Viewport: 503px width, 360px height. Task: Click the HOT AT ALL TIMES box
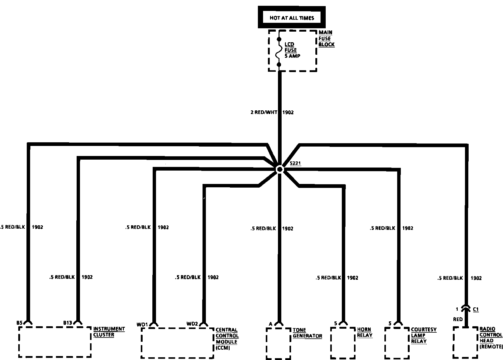pyautogui.click(x=292, y=18)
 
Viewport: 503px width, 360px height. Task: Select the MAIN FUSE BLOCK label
pyautogui.click(x=326, y=38)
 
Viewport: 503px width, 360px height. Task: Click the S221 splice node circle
pyautogui.click(x=279, y=169)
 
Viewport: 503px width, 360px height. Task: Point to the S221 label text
pyautogui.click(x=295, y=163)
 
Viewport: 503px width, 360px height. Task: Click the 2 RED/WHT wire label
pyautogui.click(x=264, y=112)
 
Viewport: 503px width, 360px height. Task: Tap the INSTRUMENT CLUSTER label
pyautogui.click(x=109, y=332)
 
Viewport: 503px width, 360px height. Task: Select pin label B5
pyautogui.click(x=19, y=323)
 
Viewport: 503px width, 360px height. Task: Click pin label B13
pyautogui.click(x=68, y=323)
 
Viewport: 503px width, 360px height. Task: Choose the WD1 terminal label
pyautogui.click(x=142, y=324)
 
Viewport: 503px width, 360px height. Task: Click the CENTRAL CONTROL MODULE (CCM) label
pyautogui.click(x=227, y=339)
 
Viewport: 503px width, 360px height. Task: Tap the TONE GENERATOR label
pyautogui.click(x=307, y=333)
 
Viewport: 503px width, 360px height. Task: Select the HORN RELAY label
pyautogui.click(x=365, y=332)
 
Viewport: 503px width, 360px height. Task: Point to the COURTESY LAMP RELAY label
pyautogui.click(x=423, y=335)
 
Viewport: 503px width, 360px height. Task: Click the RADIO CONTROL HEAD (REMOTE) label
pyautogui.click(x=491, y=337)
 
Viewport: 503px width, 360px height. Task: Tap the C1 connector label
pyautogui.click(x=476, y=310)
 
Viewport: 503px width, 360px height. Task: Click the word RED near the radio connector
pyautogui.click(x=458, y=319)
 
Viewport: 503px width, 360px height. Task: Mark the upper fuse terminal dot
pyautogui.click(x=279, y=40)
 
